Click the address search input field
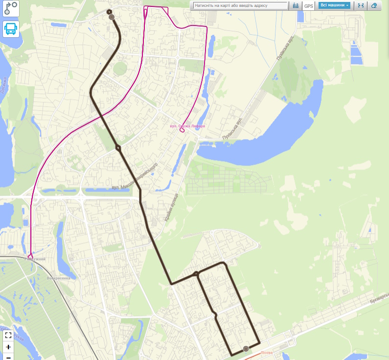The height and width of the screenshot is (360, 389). pos(240,6)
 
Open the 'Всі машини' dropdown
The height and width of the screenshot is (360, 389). pos(335,5)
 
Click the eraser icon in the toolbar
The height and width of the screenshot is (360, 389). pos(374,5)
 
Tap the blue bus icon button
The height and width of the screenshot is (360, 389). pos(11,29)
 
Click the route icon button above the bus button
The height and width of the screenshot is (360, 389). pos(11,8)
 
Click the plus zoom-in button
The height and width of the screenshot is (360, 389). pos(8,347)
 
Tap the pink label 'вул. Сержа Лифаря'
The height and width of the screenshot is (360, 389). pos(187,126)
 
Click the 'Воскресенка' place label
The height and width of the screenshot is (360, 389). pos(58,278)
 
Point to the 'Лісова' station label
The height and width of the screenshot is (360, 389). pos(267,353)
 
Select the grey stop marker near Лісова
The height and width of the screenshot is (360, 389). pos(246,349)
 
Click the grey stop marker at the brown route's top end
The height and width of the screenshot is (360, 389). pos(112,17)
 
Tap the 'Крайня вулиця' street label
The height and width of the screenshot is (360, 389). pos(171,206)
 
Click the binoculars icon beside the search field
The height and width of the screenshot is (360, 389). pos(296,6)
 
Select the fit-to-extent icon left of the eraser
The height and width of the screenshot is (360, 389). pos(361,5)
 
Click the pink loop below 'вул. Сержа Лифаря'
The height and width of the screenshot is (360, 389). pos(182,131)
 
